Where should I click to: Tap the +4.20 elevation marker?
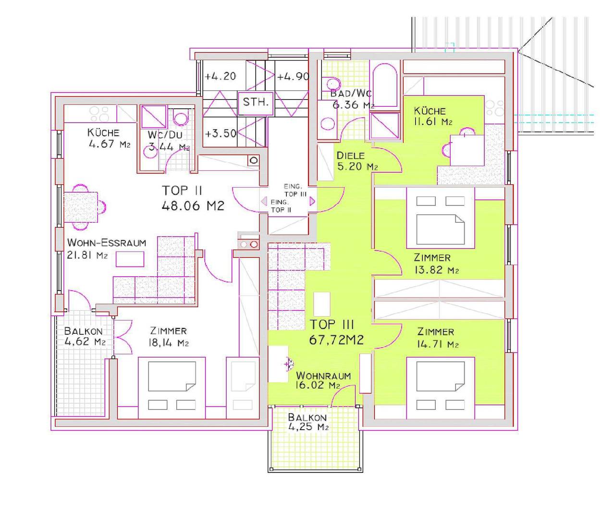[x=220, y=76]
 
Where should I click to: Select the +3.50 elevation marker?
[x=221, y=134]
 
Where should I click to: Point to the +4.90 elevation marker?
[x=293, y=76]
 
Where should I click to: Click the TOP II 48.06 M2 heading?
[x=193, y=198]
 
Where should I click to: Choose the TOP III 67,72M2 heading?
[x=336, y=332]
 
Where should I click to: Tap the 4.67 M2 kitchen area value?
[x=109, y=144]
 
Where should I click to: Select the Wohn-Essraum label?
[x=106, y=242]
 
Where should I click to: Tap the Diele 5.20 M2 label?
[x=357, y=161]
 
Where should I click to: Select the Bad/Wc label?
[x=351, y=94]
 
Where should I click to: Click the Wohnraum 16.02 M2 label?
[x=323, y=381]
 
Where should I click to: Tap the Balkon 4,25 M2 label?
[x=307, y=422]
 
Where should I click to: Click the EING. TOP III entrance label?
[x=295, y=190]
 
